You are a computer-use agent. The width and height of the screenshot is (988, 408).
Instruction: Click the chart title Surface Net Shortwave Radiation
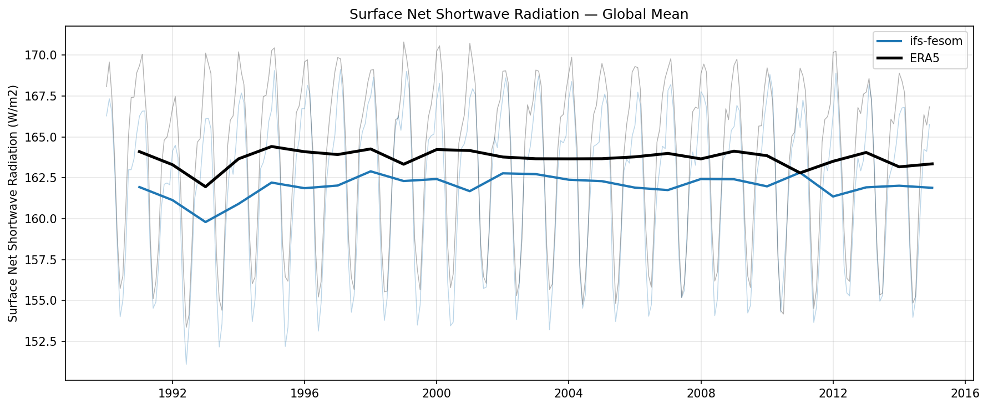(x=519, y=14)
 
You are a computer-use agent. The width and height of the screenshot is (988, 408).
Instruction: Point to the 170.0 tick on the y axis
(x=45, y=55)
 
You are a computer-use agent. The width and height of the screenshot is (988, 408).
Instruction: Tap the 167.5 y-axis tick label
(x=45, y=96)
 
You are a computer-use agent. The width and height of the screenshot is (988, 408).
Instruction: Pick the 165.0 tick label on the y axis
(x=45, y=137)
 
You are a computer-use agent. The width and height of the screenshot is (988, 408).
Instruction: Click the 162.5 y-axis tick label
(x=45, y=178)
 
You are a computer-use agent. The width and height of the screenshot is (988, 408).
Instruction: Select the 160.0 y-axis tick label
(x=45, y=219)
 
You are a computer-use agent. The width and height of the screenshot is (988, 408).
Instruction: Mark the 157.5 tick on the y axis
(x=45, y=260)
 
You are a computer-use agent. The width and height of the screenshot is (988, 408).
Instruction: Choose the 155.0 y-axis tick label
(x=45, y=300)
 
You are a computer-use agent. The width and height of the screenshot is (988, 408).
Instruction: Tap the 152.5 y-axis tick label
(x=45, y=341)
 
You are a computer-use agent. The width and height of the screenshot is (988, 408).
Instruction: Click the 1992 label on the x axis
(x=172, y=394)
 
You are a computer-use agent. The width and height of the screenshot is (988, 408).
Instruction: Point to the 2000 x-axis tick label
(x=436, y=394)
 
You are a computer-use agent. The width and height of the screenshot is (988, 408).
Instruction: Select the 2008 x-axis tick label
(x=701, y=394)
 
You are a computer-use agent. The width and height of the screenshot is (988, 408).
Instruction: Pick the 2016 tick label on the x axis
(x=965, y=394)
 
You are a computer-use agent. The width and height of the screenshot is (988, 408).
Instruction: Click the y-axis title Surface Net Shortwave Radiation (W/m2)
(x=13, y=203)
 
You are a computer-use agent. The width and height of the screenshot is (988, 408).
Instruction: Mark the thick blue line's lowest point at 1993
(x=205, y=222)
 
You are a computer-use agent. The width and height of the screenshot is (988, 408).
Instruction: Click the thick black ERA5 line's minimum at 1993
(x=205, y=187)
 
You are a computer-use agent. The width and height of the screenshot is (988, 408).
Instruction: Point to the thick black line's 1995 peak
(x=271, y=147)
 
